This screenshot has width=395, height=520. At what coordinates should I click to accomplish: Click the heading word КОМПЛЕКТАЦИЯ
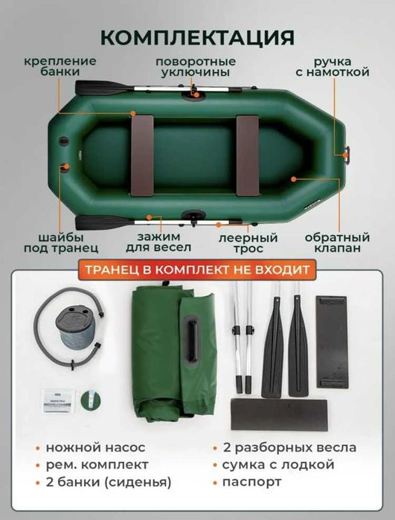pos(197,37)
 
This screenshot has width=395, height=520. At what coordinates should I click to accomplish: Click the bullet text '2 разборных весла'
pos(283,448)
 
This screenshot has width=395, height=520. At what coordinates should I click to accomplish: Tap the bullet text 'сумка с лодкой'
pos(274,465)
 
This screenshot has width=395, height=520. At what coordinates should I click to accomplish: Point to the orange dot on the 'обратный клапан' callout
pos(295,179)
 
